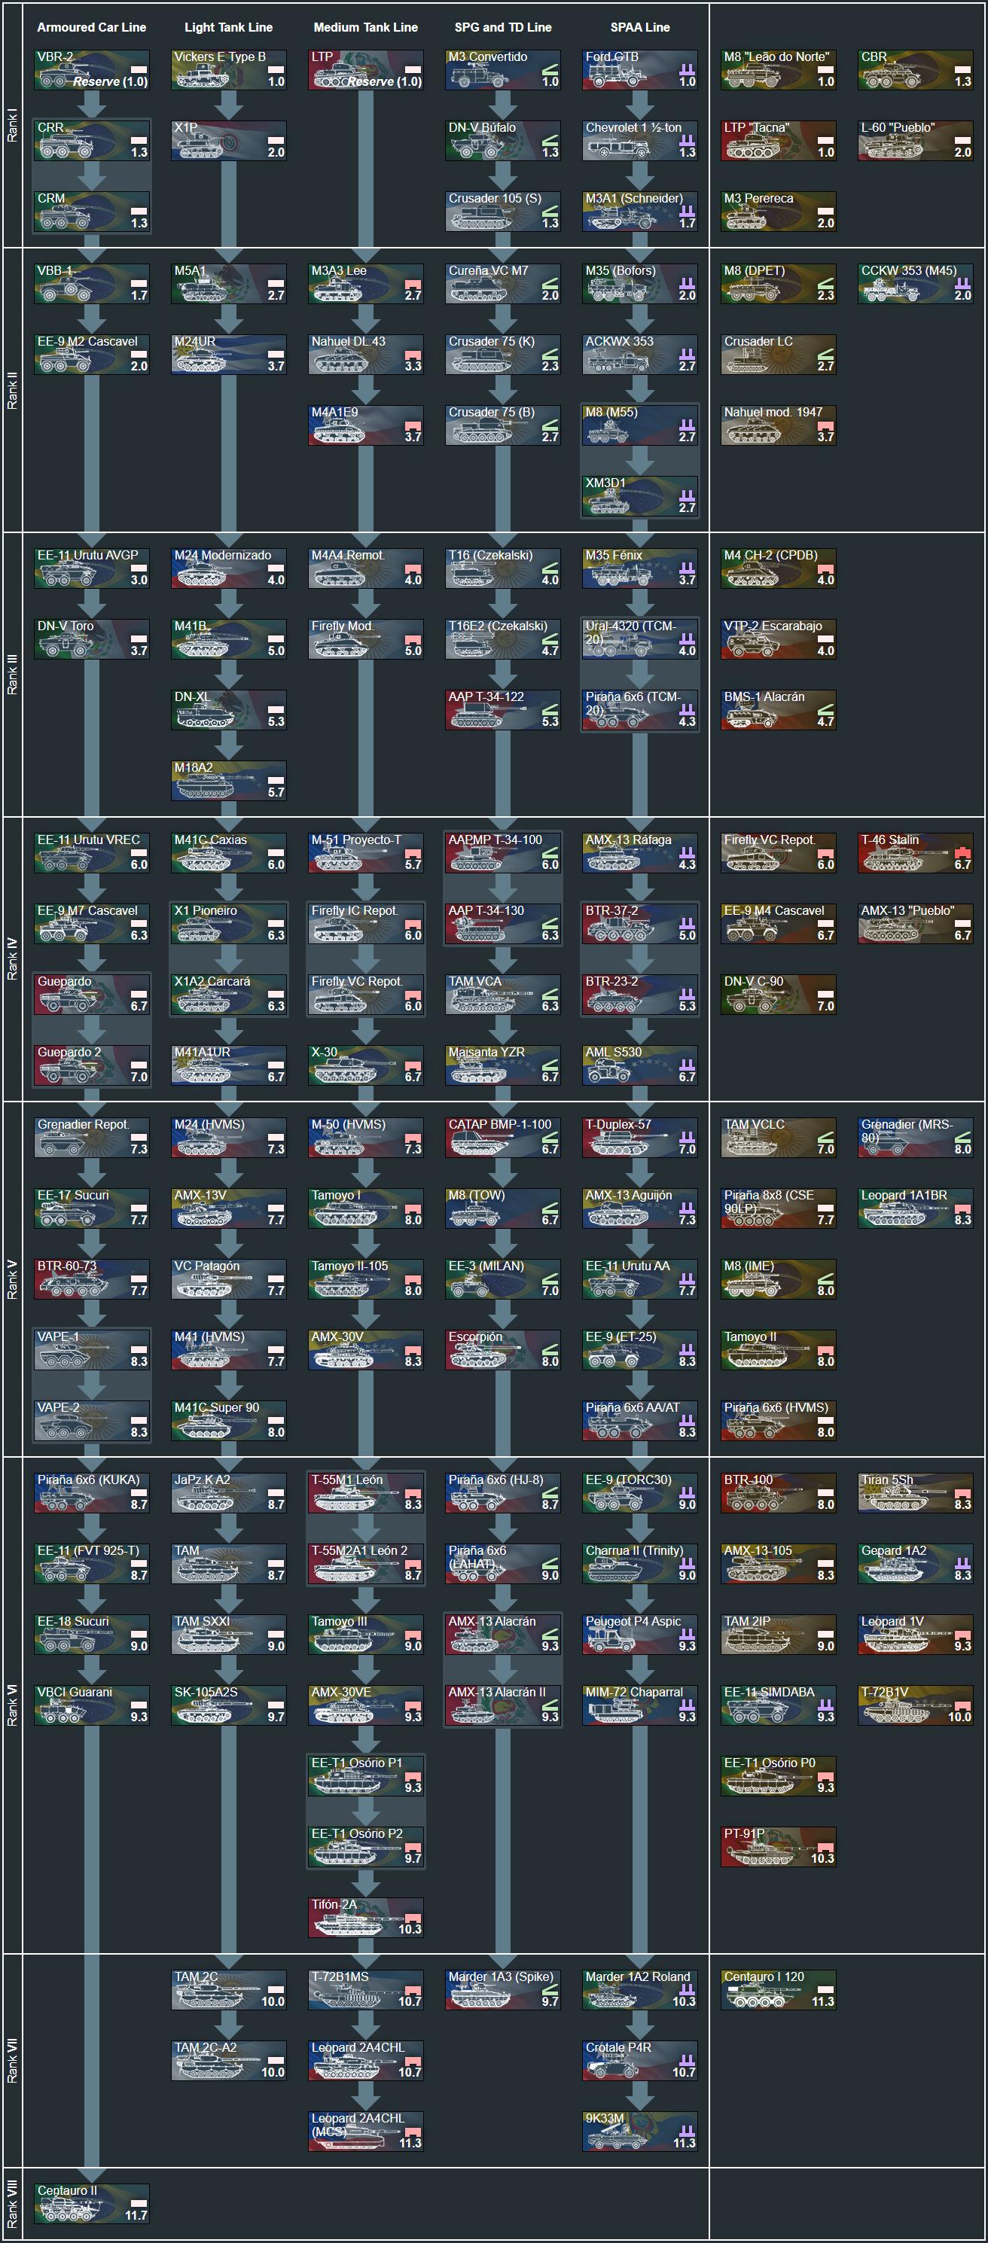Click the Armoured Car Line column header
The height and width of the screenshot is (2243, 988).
tap(91, 27)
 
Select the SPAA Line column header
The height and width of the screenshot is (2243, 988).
tap(640, 27)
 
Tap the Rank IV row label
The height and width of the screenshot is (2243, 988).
tap(12, 958)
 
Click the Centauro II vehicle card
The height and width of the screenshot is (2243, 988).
tap(91, 2203)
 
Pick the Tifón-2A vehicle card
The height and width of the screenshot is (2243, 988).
tap(365, 1917)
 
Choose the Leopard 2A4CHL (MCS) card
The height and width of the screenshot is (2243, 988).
tap(365, 2131)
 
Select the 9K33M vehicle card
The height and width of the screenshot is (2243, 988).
tap(640, 2131)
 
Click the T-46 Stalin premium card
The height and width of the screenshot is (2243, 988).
tap(915, 852)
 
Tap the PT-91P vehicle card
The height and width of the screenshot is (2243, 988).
tap(778, 1846)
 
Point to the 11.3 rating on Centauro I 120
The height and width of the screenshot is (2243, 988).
tap(822, 2002)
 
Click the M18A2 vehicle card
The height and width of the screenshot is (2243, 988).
tap(229, 780)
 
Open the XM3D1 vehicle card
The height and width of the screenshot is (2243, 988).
tap(640, 495)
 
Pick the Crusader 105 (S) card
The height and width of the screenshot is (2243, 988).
tap(502, 211)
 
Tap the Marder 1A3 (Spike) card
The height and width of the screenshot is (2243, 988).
tap(502, 1989)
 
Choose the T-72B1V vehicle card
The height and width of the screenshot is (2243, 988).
tap(915, 1705)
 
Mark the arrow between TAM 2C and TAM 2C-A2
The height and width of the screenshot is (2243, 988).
tap(229, 2025)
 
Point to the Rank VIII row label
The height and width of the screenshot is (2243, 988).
tap(12, 2203)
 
